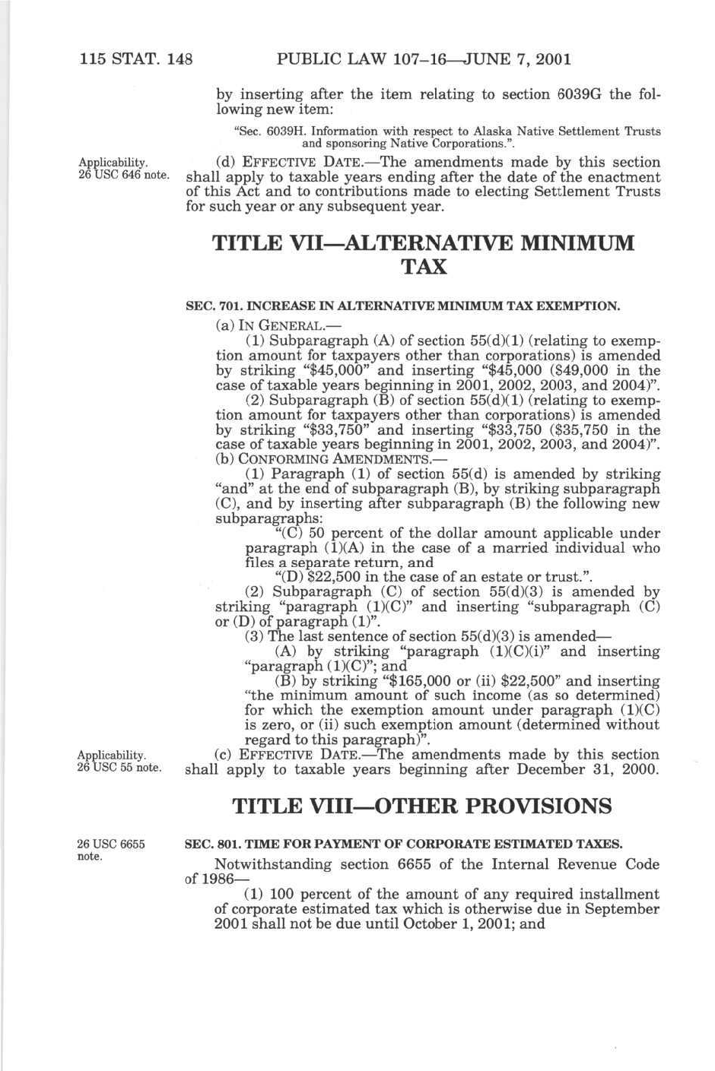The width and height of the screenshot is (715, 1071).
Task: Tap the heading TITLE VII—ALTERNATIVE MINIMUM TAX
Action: click(423, 255)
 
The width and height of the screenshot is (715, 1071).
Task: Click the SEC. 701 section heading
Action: click(403, 307)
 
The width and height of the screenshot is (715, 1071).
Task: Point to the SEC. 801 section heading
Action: click(404, 844)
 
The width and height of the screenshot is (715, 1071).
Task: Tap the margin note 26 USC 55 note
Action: click(119, 768)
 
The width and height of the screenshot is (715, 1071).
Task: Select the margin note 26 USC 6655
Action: click(111, 844)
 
